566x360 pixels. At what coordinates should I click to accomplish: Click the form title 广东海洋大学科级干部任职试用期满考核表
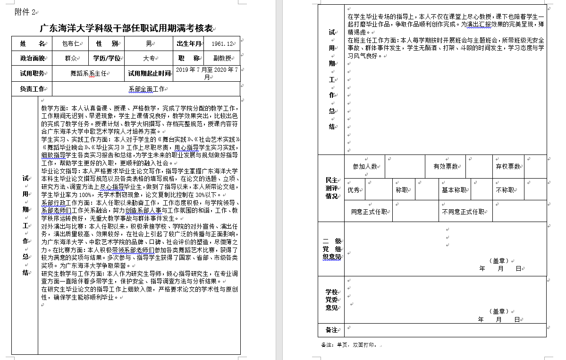coord(126,28)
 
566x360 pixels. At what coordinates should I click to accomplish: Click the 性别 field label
coord(107,44)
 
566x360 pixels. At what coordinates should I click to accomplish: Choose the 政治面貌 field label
coord(32,59)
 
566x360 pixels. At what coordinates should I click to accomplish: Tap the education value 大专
coord(149,59)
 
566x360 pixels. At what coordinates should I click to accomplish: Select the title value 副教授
coord(222,59)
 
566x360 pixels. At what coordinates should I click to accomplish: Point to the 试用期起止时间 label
coord(149,74)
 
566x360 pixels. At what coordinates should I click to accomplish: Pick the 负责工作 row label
coord(32,89)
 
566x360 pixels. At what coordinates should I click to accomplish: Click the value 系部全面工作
coord(146,89)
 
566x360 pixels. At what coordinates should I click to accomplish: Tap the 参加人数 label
coord(365,166)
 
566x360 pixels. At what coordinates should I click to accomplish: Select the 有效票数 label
coord(446,166)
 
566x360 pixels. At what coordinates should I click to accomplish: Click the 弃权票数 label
coord(507,166)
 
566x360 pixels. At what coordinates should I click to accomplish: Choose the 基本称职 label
coord(454,190)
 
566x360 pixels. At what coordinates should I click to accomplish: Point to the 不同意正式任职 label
coord(463,212)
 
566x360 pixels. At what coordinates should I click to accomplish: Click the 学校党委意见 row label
coord(331,300)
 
